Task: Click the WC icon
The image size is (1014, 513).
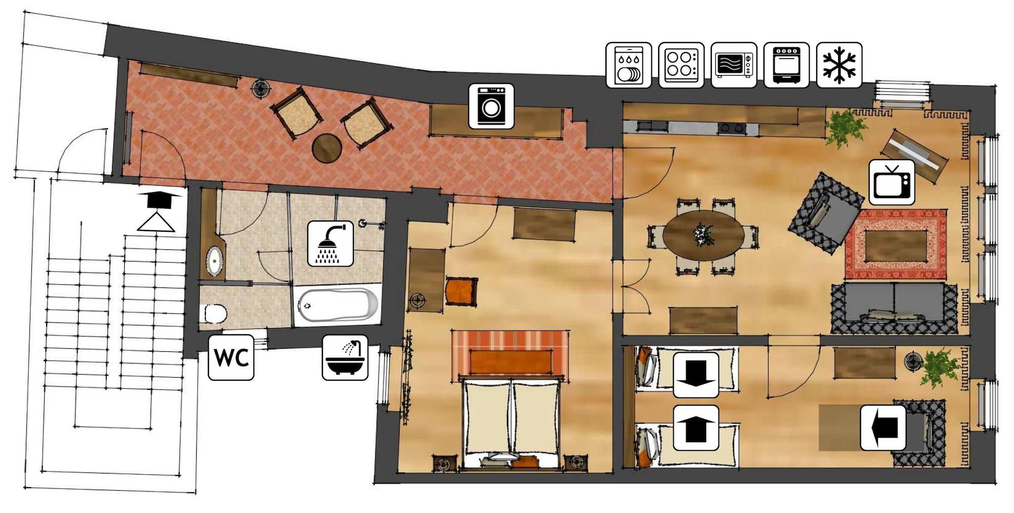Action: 231,357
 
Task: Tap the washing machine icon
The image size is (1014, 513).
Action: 491,106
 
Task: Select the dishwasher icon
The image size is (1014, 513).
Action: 629,65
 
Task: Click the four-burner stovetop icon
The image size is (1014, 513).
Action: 681,65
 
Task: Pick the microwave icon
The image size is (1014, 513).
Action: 734,65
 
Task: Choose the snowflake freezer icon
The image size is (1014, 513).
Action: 840,65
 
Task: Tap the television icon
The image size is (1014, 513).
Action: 892,182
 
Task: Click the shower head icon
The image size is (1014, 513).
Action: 331,243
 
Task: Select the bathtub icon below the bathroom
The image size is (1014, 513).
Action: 345,357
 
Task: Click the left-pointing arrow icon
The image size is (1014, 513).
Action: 883,428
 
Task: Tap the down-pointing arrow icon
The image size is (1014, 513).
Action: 696,375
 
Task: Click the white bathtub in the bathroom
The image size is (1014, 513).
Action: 338,305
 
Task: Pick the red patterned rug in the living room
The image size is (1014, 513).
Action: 896,244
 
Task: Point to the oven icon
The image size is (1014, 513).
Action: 786,65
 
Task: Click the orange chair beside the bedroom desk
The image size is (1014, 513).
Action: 461,291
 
